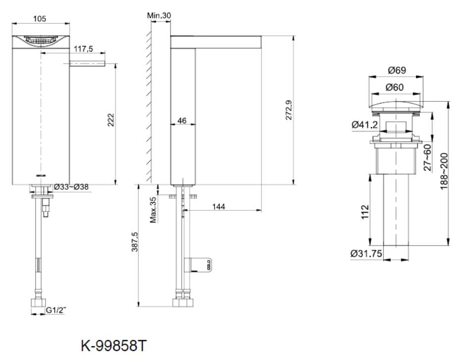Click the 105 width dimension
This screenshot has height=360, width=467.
[x=40, y=18]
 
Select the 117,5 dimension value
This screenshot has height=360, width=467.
[x=84, y=49]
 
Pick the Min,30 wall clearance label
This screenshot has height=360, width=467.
[x=159, y=16]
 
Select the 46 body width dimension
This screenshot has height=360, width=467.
[x=182, y=120]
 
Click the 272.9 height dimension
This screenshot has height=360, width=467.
[x=290, y=109]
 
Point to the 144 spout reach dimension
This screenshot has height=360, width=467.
[x=218, y=206]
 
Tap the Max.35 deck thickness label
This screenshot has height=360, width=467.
[x=153, y=209]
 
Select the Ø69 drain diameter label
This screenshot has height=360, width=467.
[x=397, y=70]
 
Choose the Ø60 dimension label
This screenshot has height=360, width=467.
[x=394, y=87]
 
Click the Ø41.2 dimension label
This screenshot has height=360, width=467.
[x=364, y=125]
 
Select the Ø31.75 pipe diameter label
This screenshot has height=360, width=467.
[x=366, y=253]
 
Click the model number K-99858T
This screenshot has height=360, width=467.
[x=114, y=344]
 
